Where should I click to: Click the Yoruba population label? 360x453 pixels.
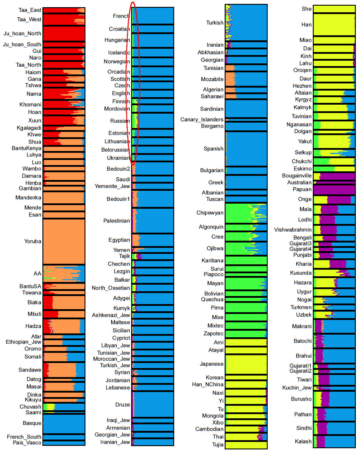(x=33, y=241)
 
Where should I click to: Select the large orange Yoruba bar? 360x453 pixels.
(x=64, y=241)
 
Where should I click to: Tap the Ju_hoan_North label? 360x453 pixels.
(x=22, y=33)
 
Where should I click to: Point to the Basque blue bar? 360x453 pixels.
(x=64, y=423)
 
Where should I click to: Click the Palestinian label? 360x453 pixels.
(x=117, y=221)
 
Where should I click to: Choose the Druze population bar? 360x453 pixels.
(x=153, y=405)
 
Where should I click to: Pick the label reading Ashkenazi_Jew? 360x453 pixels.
(x=111, y=315)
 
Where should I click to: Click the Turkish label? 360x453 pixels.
(x=215, y=23)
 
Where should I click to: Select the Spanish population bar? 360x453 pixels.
(x=246, y=149)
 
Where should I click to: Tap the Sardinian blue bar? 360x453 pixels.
(x=246, y=109)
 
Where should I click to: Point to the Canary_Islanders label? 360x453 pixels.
(x=202, y=120)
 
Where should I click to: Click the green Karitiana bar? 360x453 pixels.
(x=246, y=260)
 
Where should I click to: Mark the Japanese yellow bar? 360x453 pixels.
(x=246, y=364)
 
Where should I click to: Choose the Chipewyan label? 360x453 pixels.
(x=210, y=213)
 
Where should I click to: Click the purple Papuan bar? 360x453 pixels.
(x=334, y=190)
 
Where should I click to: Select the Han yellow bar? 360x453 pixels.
(x=334, y=25)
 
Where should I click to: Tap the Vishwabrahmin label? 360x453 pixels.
(x=293, y=230)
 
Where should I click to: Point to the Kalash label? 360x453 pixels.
(x=303, y=441)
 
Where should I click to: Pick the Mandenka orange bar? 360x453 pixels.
(x=64, y=198)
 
